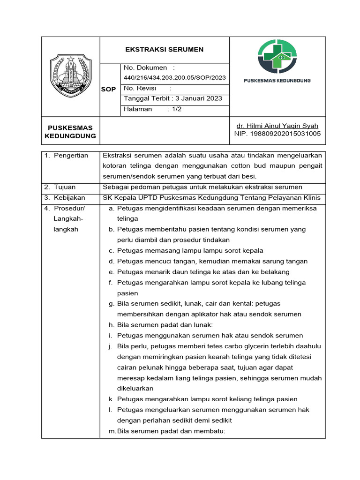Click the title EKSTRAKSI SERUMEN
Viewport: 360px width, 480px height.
(164, 50)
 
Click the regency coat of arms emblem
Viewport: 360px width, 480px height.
(71, 75)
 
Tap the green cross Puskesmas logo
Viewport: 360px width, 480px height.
(277, 57)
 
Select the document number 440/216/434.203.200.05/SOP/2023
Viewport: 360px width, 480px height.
(174, 77)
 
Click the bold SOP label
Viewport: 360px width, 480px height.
(109, 89)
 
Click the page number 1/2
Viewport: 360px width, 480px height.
(176, 109)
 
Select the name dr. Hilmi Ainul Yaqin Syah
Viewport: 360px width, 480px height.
(277, 126)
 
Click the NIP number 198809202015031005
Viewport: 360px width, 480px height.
(277, 134)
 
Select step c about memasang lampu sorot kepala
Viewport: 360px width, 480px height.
(190, 250)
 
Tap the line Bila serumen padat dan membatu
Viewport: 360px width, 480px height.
(171, 431)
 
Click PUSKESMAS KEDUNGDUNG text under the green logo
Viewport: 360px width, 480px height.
(277, 81)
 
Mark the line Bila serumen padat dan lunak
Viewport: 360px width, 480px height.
(165, 325)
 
